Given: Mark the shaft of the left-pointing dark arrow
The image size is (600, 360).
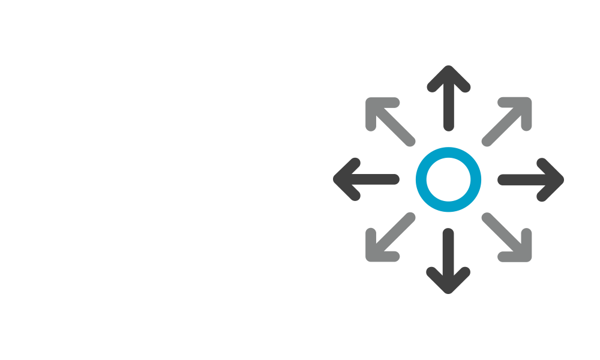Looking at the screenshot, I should click(375, 179).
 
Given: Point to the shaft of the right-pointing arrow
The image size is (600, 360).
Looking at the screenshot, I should click(522, 179).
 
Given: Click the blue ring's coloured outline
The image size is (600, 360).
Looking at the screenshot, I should click(448, 152).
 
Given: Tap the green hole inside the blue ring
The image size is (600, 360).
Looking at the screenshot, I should click(448, 179).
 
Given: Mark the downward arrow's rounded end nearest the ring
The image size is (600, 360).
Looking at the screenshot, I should click(448, 233).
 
